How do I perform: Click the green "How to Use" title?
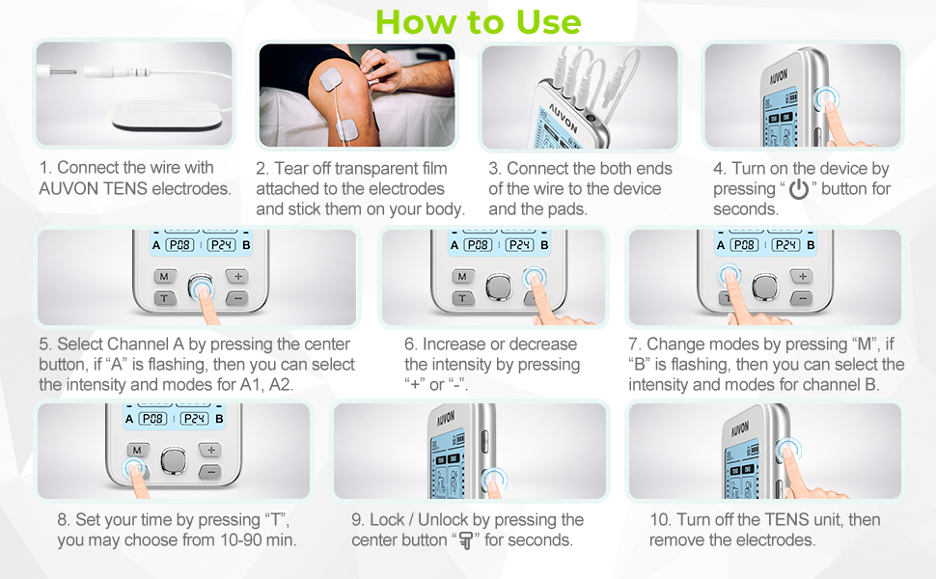(x=479, y=21)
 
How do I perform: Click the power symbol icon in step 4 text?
(x=798, y=190)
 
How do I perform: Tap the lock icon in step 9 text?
(x=467, y=540)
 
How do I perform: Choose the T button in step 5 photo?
(x=163, y=297)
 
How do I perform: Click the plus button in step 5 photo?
(x=238, y=277)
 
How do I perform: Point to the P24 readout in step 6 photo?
(x=519, y=245)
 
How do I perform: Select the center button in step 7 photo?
(x=764, y=286)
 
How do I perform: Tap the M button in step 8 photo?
(x=136, y=450)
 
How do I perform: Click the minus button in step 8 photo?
(x=211, y=471)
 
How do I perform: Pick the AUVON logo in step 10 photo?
(x=738, y=427)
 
